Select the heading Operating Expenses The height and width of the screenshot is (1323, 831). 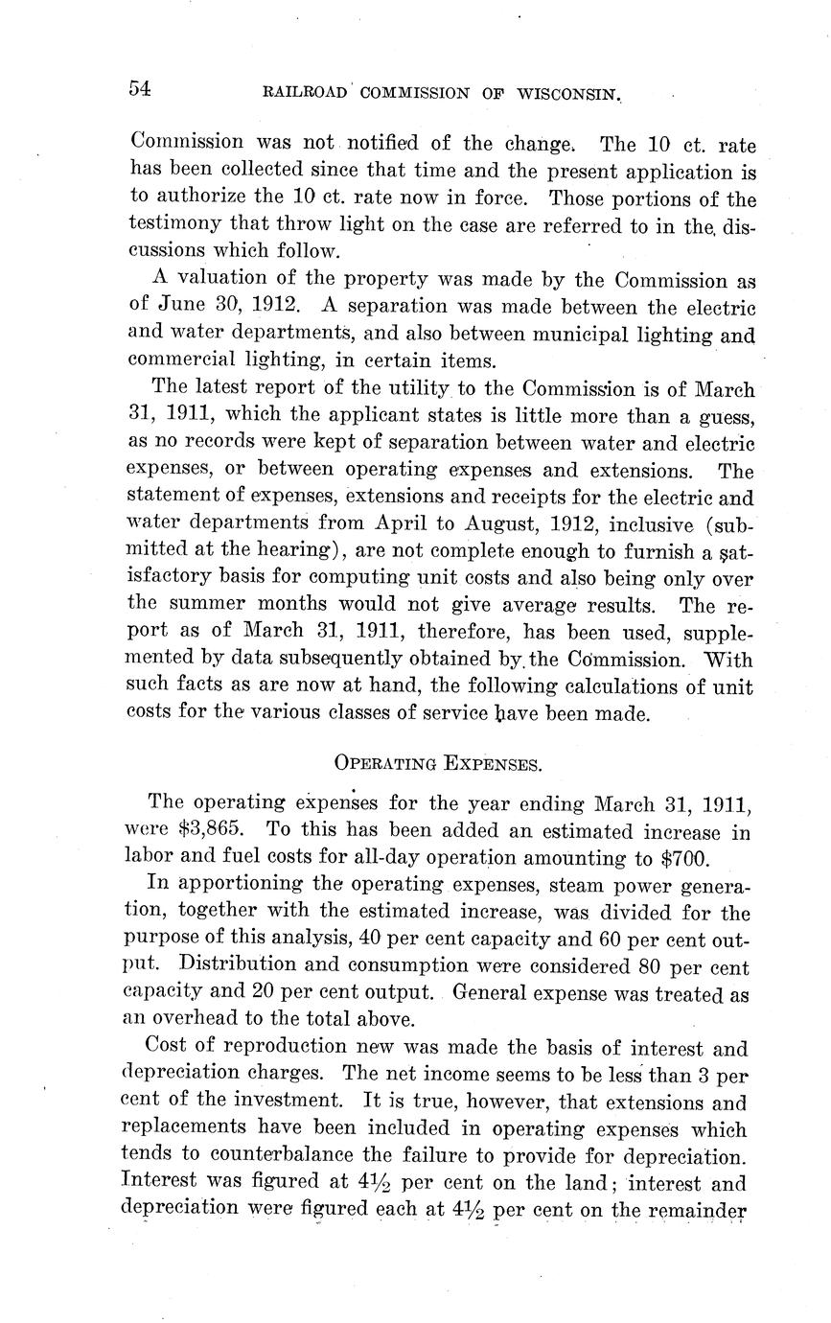click(x=438, y=764)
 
